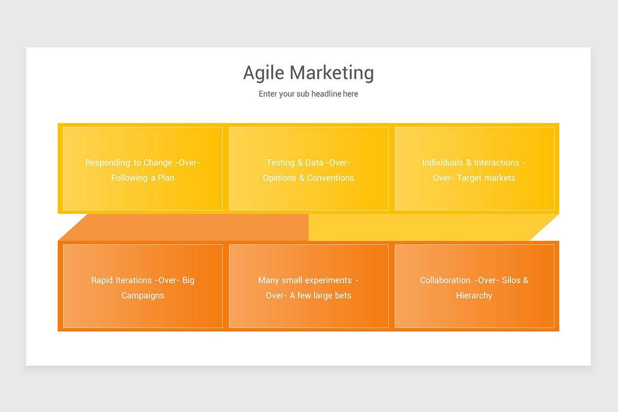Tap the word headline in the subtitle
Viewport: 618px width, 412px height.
click(327, 94)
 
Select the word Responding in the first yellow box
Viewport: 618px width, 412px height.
click(108, 163)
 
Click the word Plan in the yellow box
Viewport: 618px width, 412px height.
click(166, 178)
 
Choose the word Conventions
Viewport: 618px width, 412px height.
click(330, 178)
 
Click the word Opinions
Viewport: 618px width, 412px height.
click(279, 178)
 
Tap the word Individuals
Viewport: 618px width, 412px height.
click(442, 163)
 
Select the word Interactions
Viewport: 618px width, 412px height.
click(496, 163)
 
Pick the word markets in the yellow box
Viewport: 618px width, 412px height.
click(500, 178)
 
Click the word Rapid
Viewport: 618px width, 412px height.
click(101, 280)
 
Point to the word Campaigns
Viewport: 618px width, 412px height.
click(143, 296)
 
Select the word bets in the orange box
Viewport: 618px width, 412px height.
click(343, 296)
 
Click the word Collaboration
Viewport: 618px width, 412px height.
click(445, 280)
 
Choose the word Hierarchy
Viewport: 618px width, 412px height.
click(474, 296)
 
